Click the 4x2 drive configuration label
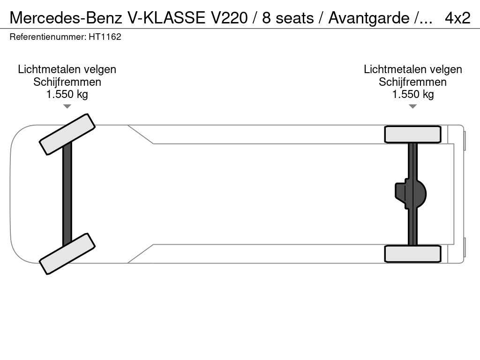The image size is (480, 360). pos(457,18)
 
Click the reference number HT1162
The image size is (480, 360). pos(105,37)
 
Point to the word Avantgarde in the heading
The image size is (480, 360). pos(368,18)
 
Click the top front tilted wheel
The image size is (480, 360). pos(67,134)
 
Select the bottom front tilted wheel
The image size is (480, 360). pos(67,254)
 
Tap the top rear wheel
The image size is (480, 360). pos(412,134)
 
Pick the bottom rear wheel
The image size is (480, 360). pos(412,254)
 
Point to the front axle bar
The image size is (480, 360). pos(67,194)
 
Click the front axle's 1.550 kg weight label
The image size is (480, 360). pos(67,94)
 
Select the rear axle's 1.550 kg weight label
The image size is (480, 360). pos(412,94)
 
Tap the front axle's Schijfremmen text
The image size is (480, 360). pos(67,82)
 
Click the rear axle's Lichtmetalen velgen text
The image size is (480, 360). pos(412,69)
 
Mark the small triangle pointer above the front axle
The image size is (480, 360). pos(67,106)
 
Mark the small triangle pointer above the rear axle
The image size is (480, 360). pos(412,106)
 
